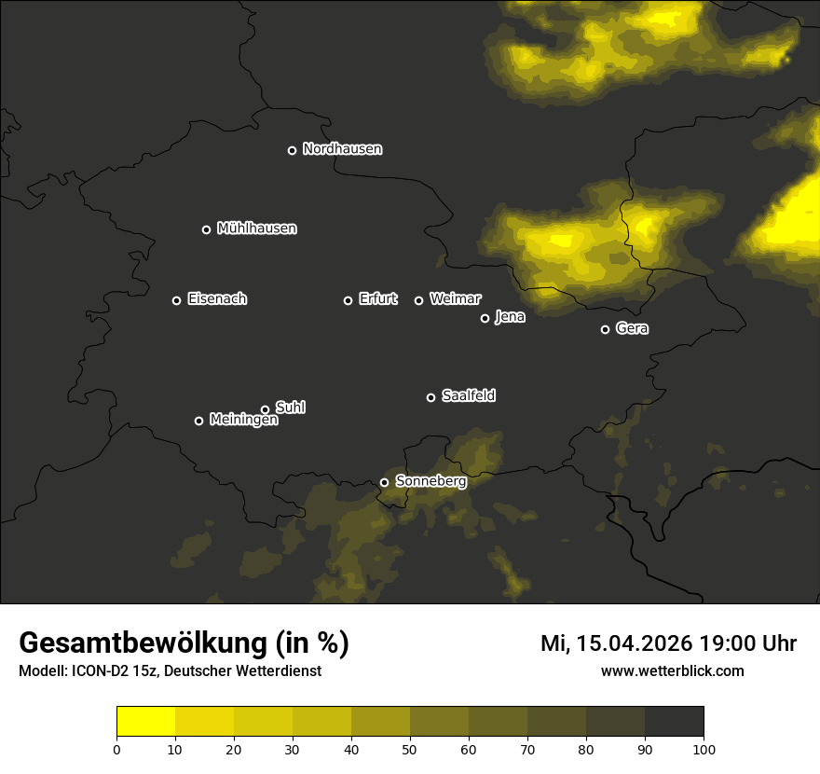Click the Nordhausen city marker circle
[x=292, y=150]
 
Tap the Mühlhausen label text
[x=257, y=228]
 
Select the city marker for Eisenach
[x=176, y=300]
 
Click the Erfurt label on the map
[x=377, y=299]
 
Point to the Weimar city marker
[x=418, y=300]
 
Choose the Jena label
[x=510, y=317]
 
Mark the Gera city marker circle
[x=605, y=329]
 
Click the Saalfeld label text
[x=469, y=396]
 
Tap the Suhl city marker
[x=265, y=409]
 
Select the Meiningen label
[x=244, y=421]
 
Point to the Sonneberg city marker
[x=384, y=482]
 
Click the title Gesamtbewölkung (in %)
[x=184, y=643]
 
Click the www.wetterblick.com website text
[x=672, y=671]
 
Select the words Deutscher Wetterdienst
[x=249, y=671]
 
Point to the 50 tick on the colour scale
[x=410, y=749]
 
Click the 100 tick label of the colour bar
[x=704, y=749]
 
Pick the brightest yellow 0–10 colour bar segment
[x=146, y=721]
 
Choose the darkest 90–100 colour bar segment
[x=674, y=721]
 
